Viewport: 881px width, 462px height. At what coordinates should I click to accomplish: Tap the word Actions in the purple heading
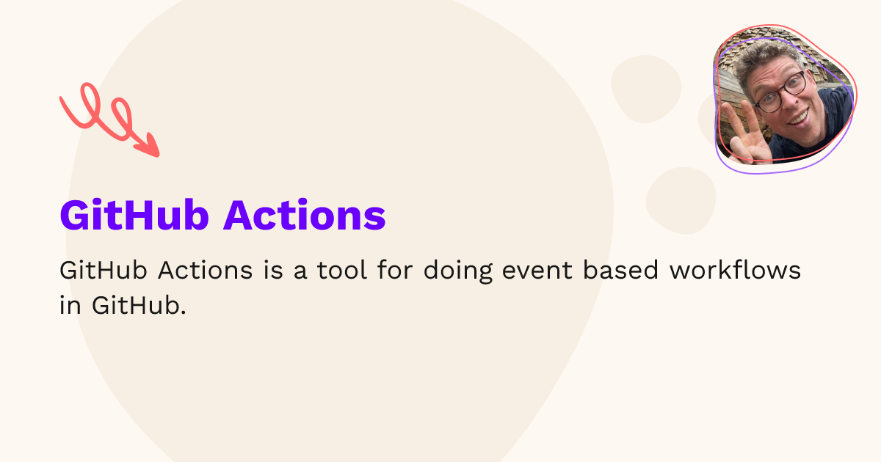[x=305, y=215]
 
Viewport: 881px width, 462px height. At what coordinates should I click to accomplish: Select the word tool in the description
[x=343, y=271]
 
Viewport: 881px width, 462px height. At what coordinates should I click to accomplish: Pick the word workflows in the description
[x=734, y=271]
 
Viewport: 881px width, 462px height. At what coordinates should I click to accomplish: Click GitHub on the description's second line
[x=139, y=306]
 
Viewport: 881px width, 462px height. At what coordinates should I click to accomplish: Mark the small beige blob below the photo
[x=681, y=199]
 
